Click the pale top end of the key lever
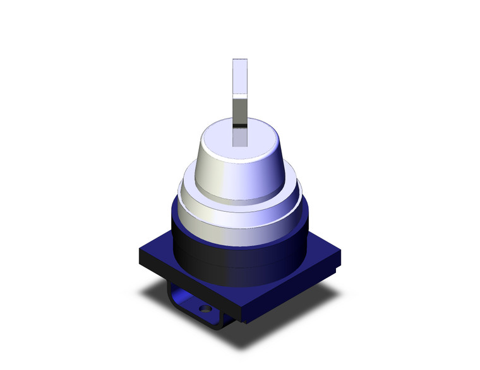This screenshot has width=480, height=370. click(x=239, y=76)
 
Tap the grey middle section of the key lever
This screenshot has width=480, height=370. click(x=239, y=110)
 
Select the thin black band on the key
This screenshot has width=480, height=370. click(x=239, y=126)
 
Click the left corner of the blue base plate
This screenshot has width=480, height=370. click(x=143, y=255)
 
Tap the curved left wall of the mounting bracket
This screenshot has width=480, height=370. click(x=171, y=296)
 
